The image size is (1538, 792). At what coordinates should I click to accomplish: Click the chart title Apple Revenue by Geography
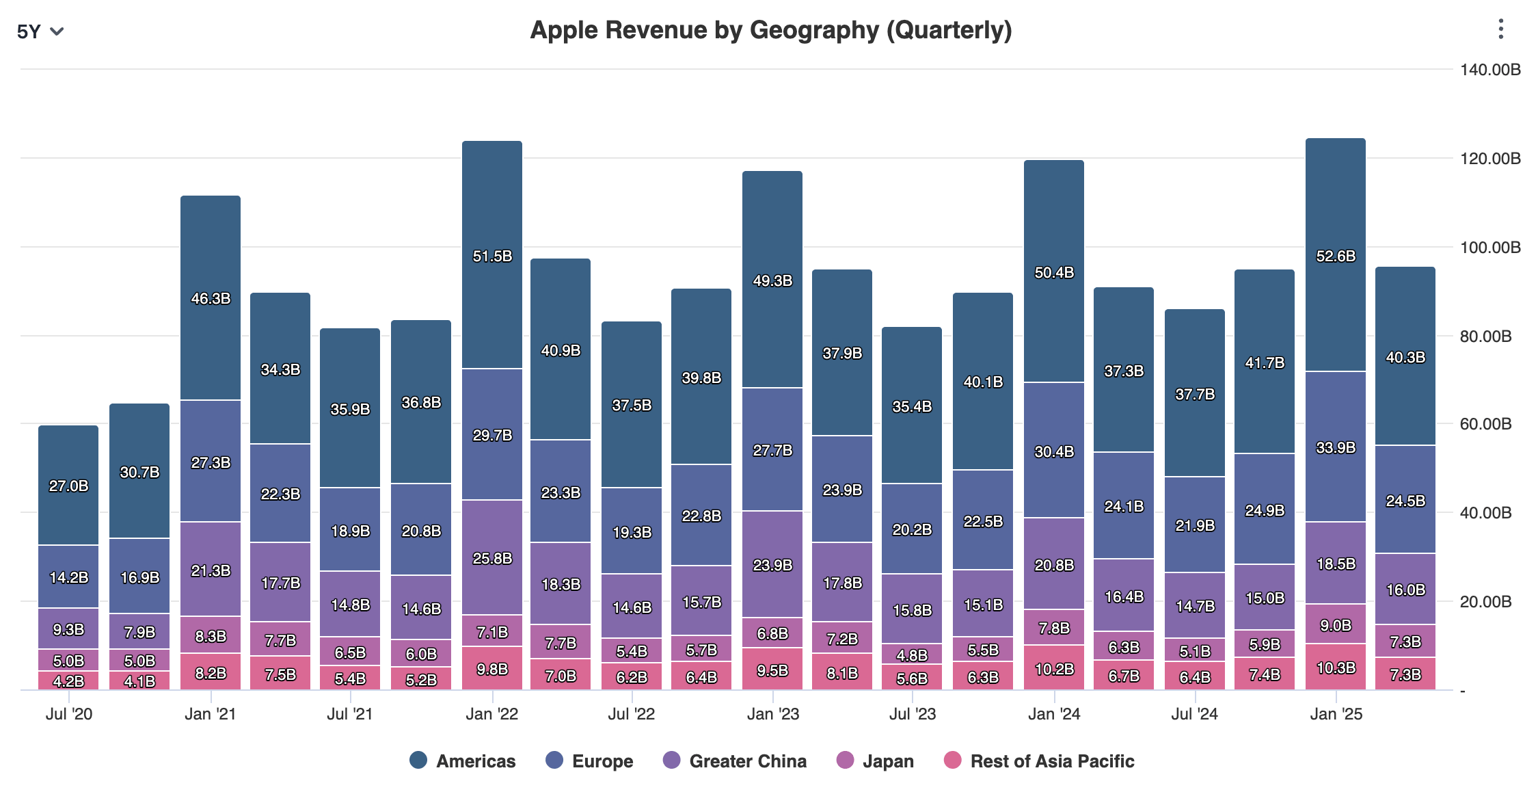point(770,30)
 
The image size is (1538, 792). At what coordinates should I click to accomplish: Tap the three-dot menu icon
point(1500,29)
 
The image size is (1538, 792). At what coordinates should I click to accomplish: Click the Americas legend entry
point(463,761)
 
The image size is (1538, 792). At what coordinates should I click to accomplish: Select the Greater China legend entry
point(735,761)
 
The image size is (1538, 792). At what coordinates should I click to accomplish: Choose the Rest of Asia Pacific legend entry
point(1039,761)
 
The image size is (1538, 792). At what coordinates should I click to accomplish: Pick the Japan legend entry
point(875,761)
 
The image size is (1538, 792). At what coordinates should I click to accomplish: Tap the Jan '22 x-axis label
point(491,714)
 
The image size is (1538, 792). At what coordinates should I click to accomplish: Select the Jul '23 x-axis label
point(912,714)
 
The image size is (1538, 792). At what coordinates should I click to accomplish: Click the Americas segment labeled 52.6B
point(1335,256)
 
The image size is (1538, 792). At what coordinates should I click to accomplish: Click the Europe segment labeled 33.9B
point(1335,447)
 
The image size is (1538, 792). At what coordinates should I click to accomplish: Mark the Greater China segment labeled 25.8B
point(491,558)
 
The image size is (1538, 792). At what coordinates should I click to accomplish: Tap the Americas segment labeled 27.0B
point(68,486)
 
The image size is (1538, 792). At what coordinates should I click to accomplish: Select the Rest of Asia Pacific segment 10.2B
point(1053,668)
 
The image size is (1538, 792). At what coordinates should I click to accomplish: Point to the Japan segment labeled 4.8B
point(912,654)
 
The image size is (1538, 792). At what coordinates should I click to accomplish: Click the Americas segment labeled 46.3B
point(211,298)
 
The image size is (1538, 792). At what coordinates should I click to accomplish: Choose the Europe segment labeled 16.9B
point(139,577)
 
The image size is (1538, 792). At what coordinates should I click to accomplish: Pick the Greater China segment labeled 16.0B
point(1405,590)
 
